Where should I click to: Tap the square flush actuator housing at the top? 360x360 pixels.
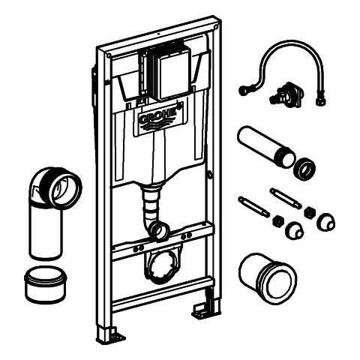click(x=169, y=73)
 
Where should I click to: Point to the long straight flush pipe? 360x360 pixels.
click(x=266, y=146)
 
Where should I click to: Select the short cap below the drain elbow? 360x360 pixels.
click(x=45, y=284)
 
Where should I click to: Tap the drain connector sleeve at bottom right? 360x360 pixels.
click(x=268, y=278)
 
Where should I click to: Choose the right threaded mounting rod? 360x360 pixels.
click(x=286, y=198)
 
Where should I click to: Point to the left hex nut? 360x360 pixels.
click(x=277, y=221)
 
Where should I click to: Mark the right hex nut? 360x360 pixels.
click(x=310, y=212)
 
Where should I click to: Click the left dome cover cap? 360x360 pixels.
click(x=295, y=230)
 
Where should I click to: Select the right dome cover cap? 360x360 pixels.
click(x=326, y=222)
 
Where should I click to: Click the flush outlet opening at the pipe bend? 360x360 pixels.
click(x=160, y=230)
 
